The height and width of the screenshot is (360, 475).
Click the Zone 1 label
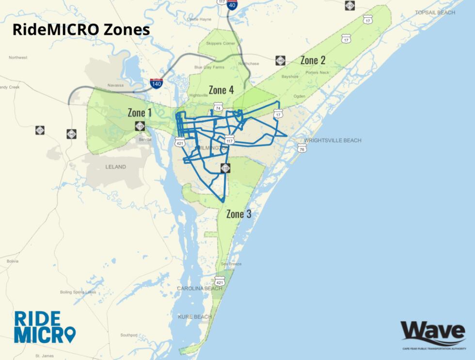[x=140, y=113]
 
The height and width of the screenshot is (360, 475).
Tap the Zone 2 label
[x=313, y=60]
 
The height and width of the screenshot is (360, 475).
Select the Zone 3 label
[x=238, y=213]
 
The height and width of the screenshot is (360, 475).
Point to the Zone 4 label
[x=221, y=90]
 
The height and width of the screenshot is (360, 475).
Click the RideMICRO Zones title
[x=81, y=30]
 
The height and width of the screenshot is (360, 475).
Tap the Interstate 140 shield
[x=157, y=83]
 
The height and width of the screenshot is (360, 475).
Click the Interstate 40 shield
[x=233, y=6]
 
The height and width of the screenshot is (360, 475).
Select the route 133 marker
[x=140, y=126]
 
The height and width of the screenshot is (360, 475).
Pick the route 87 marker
[x=40, y=130]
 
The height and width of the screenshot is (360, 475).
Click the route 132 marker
[x=225, y=168]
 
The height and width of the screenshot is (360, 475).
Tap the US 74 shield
[x=218, y=108]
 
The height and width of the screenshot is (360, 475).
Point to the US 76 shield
[x=301, y=148]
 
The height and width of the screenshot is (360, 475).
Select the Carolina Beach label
[x=199, y=289]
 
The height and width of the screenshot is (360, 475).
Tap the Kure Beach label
[x=195, y=317]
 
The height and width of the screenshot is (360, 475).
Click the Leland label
[x=115, y=167]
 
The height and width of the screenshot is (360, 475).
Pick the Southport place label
[x=129, y=335]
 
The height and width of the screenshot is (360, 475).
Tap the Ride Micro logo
[x=45, y=327]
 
